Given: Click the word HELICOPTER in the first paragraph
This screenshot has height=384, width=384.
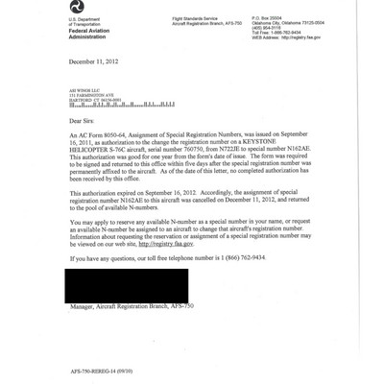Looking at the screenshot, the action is pos(92,154).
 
